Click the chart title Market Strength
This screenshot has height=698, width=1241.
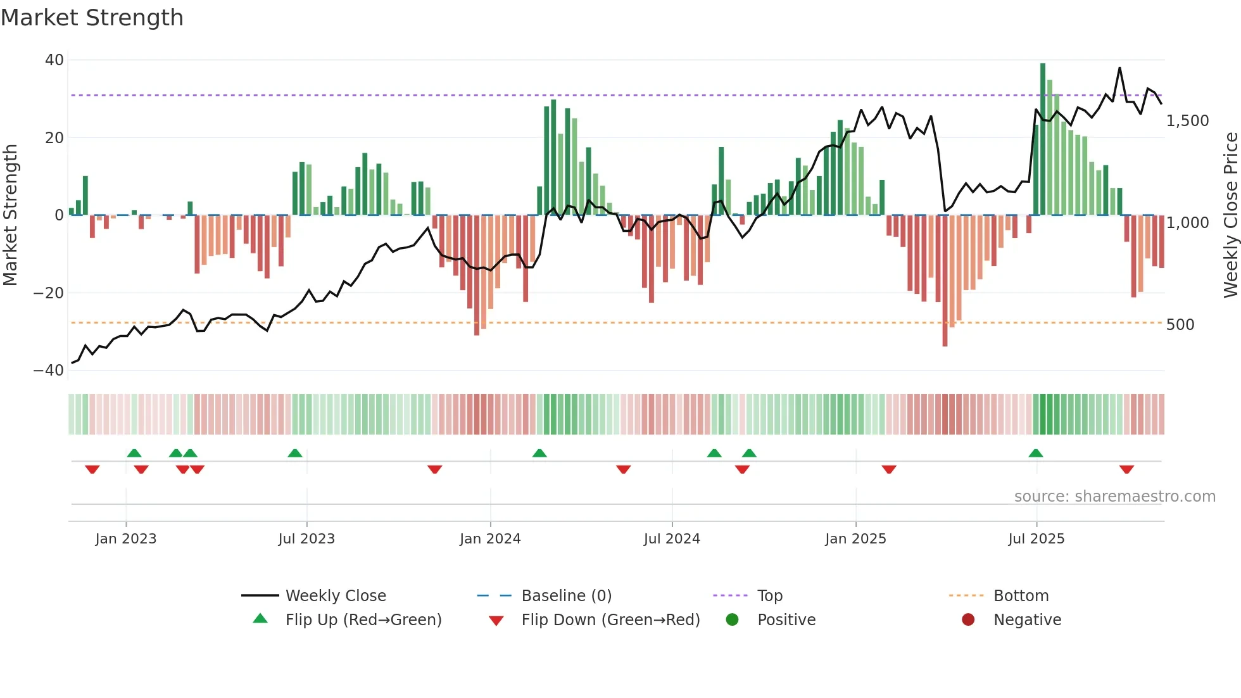[x=92, y=18]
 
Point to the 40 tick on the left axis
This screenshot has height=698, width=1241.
[x=54, y=60]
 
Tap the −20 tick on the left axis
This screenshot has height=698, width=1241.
[x=49, y=293]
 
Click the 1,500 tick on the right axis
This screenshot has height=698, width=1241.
[x=1187, y=121]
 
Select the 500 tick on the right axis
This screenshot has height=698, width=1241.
[x=1180, y=325]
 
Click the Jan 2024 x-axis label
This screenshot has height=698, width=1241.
[x=490, y=539]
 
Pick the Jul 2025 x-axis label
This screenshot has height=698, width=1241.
[x=1036, y=539]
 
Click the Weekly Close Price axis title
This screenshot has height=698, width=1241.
[x=1230, y=215]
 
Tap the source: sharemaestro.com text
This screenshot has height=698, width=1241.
[x=1114, y=497]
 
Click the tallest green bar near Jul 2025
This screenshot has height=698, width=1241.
[x=1043, y=139]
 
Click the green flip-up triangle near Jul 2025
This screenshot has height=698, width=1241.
[x=1036, y=454]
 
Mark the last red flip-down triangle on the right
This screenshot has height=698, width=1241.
[x=1126, y=469]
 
